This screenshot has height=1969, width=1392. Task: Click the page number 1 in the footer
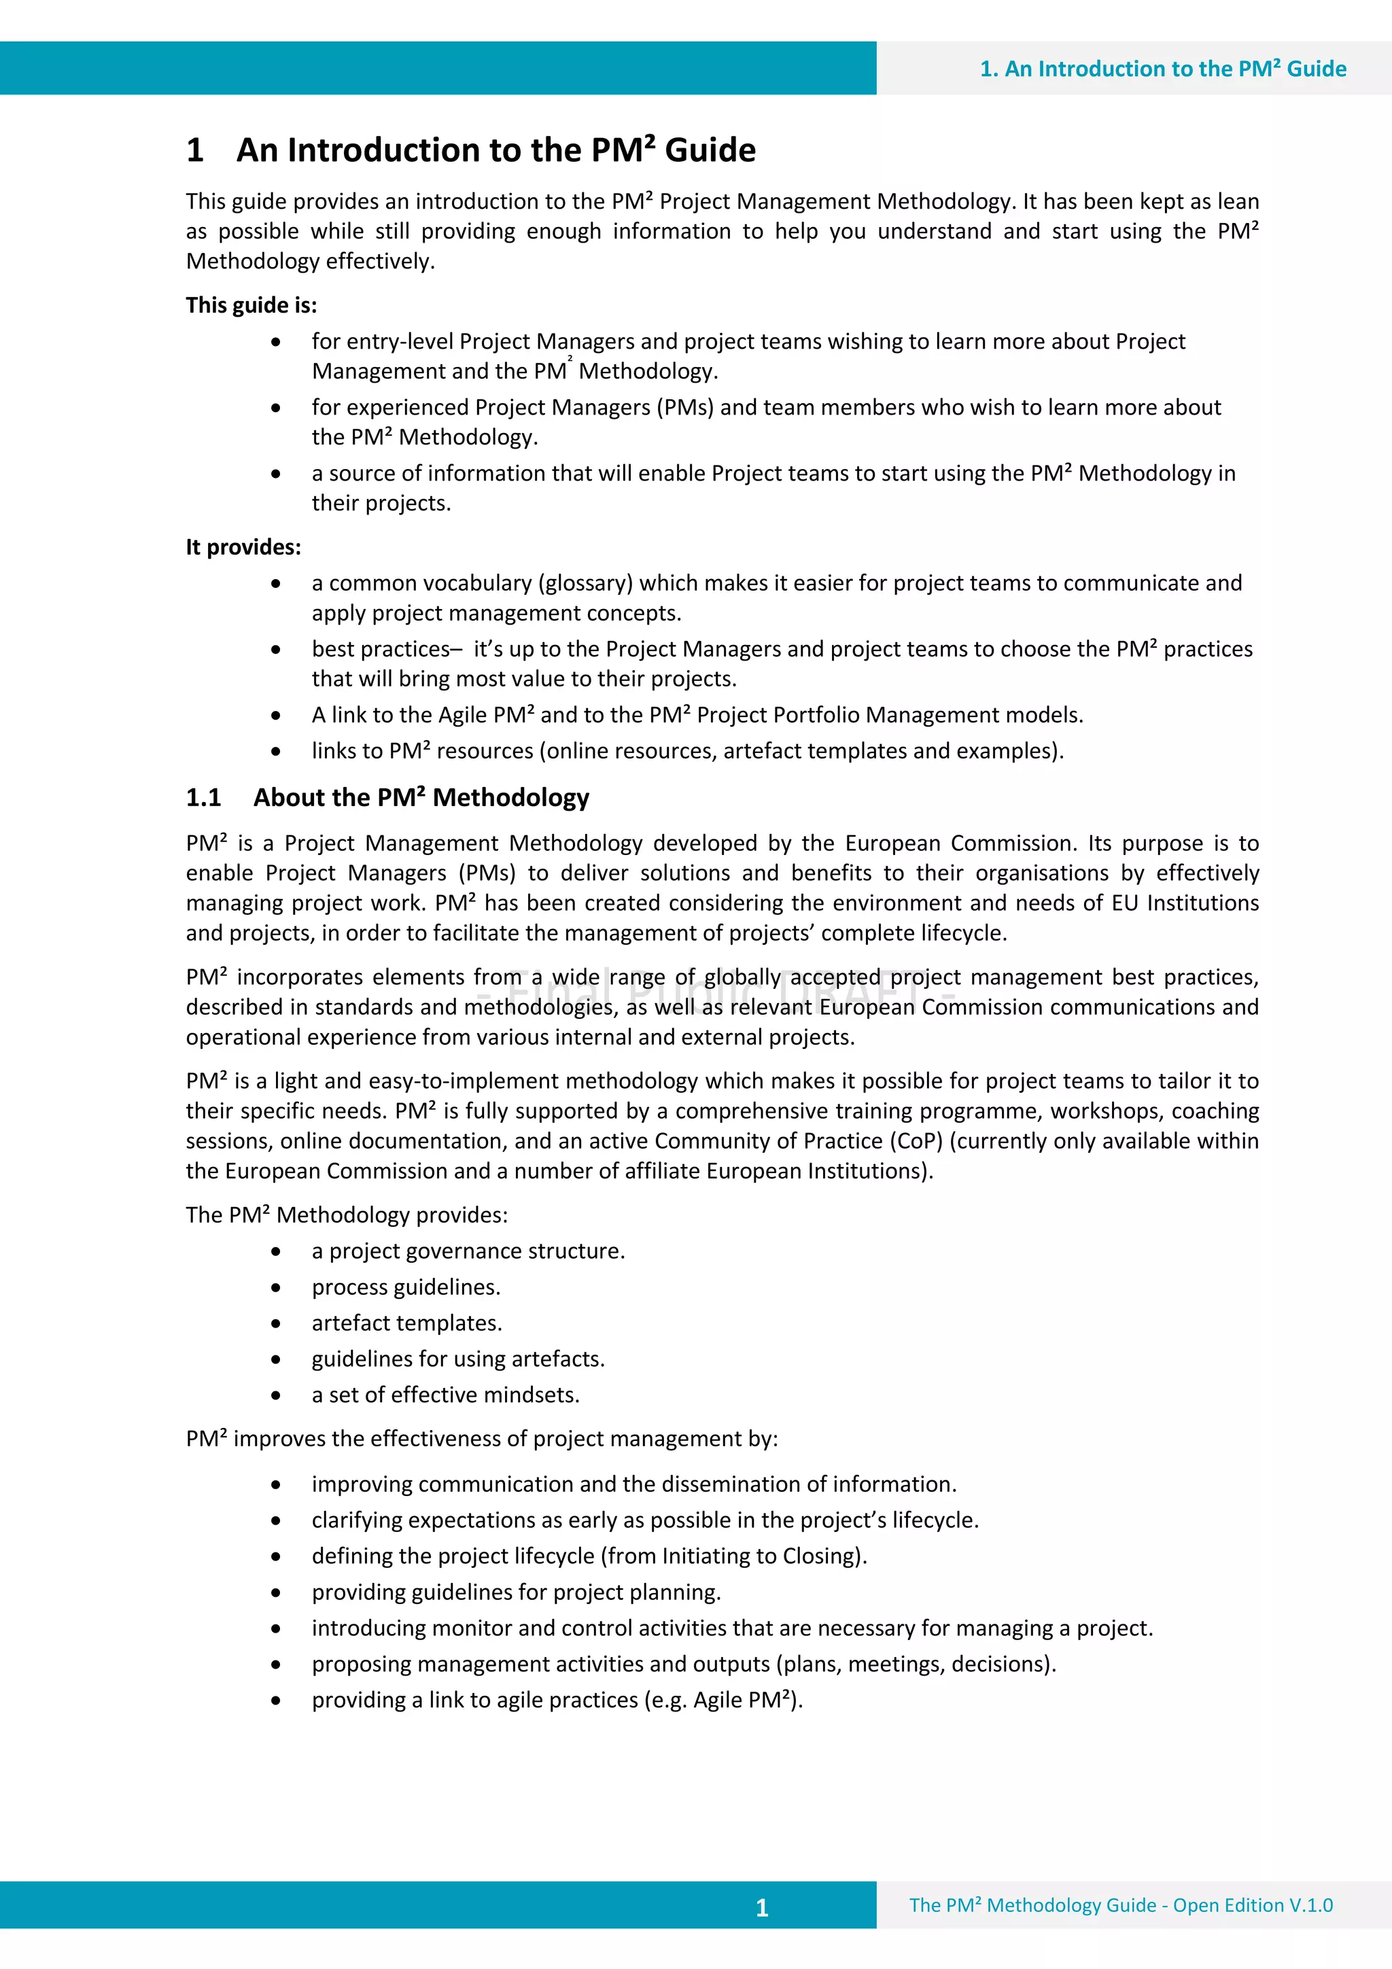[762, 1907]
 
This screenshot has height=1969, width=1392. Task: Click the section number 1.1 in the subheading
[203, 797]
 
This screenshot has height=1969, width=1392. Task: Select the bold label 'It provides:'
[243, 547]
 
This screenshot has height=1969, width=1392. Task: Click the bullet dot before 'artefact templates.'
[275, 1323]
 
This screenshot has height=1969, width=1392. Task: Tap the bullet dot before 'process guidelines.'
[275, 1287]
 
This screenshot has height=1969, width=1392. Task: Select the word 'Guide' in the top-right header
[1317, 69]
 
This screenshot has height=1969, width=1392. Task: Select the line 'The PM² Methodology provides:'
[347, 1215]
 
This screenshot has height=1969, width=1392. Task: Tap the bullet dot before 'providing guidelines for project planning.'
[275, 1592]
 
